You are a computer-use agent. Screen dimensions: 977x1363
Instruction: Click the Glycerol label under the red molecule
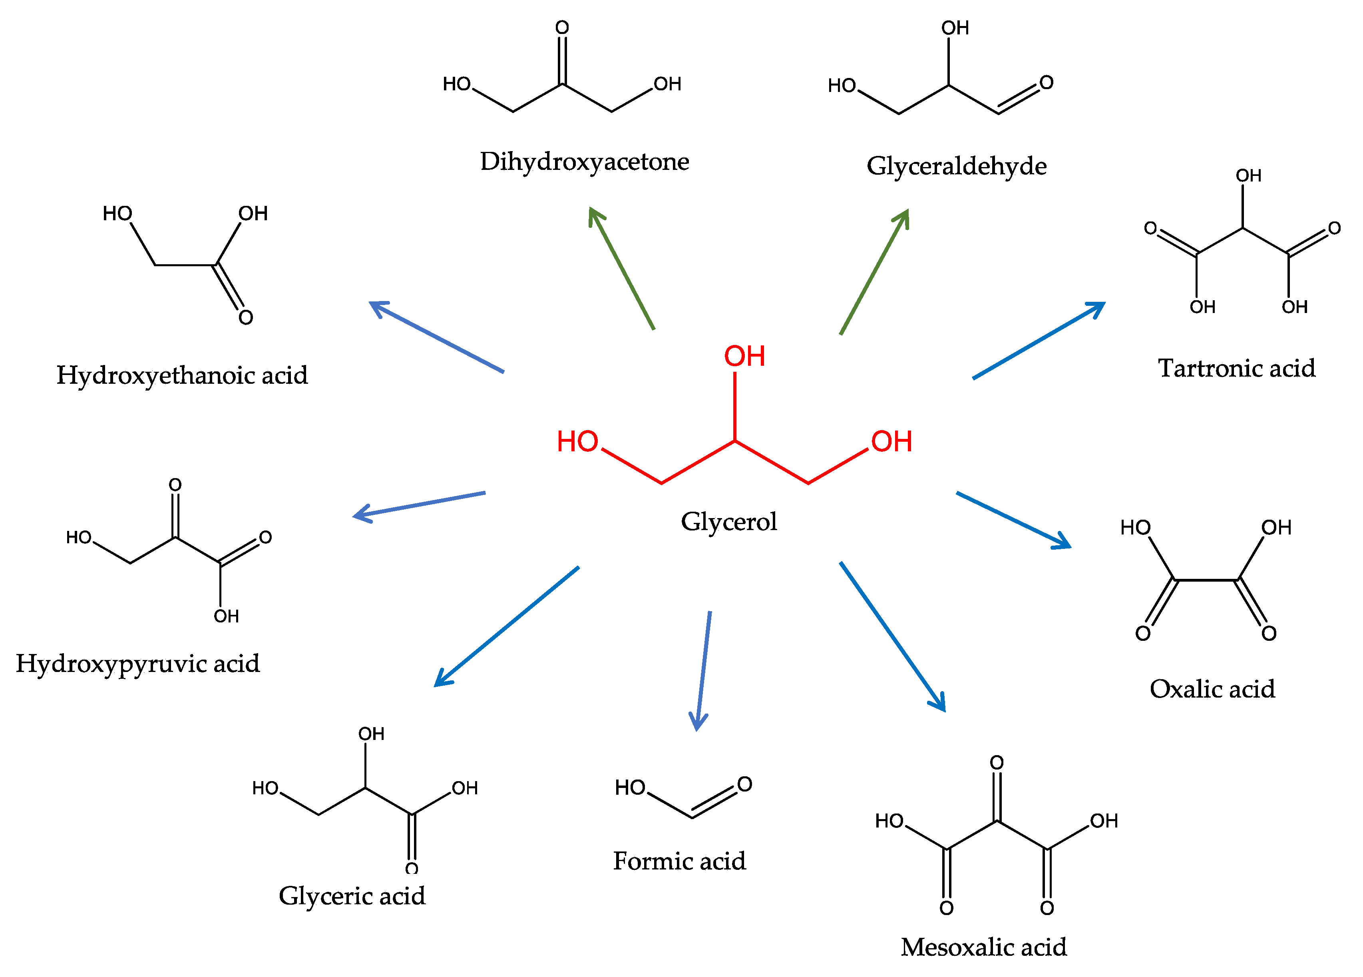pyautogui.click(x=728, y=521)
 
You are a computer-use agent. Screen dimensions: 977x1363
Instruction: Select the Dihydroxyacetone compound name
pyautogui.click(x=584, y=162)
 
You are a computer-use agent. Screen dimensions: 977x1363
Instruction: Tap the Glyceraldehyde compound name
pyautogui.click(x=956, y=166)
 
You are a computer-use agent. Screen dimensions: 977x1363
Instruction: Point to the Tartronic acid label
pyautogui.click(x=1236, y=368)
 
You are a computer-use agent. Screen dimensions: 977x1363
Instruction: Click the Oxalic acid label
pyautogui.click(x=1212, y=689)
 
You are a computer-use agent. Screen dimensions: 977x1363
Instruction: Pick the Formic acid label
pyautogui.click(x=679, y=861)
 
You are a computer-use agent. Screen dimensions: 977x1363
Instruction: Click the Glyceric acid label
pyautogui.click(x=352, y=896)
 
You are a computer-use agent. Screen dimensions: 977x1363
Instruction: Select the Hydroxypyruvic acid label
pyautogui.click(x=137, y=664)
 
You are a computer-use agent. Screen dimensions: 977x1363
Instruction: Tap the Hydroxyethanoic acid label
pyautogui.click(x=182, y=375)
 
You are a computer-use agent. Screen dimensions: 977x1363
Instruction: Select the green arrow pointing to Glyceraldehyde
pyautogui.click(x=874, y=272)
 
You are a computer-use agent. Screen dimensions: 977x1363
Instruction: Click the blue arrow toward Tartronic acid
pyautogui.click(x=1039, y=340)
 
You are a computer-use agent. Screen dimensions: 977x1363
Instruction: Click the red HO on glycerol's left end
pyautogui.click(x=577, y=441)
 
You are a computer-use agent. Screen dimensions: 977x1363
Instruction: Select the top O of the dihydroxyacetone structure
pyautogui.click(x=562, y=28)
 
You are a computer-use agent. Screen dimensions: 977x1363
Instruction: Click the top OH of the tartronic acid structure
pyautogui.click(x=1248, y=175)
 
